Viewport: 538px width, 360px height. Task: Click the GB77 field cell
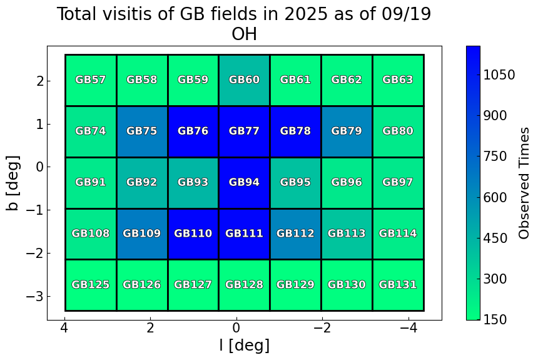[x=244, y=131]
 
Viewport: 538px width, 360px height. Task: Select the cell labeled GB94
[x=244, y=183]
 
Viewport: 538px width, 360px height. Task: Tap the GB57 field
[x=91, y=80]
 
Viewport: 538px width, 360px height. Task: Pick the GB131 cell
[x=398, y=285]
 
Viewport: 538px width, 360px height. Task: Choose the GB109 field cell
[x=142, y=234]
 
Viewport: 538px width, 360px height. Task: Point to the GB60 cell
[x=244, y=80]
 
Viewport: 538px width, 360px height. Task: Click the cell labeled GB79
[x=347, y=131]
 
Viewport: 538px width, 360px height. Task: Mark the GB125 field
[x=91, y=285]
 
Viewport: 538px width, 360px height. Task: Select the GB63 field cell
[x=398, y=80]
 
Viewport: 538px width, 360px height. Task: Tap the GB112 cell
[x=295, y=234]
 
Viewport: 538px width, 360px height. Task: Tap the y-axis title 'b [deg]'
[x=14, y=183]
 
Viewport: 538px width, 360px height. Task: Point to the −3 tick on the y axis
[x=33, y=296]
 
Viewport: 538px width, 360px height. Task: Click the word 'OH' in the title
[x=244, y=34]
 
